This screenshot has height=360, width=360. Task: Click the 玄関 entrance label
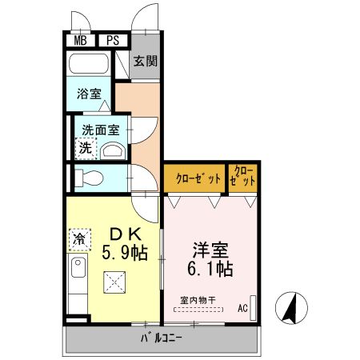click(x=145, y=60)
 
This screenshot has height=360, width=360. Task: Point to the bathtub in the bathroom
click(x=90, y=64)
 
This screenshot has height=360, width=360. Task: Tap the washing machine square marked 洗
click(x=85, y=148)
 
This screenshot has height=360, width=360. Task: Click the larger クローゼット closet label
click(x=194, y=179)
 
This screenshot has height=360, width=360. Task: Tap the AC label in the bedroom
click(x=242, y=306)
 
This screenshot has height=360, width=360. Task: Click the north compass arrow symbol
click(x=290, y=307)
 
